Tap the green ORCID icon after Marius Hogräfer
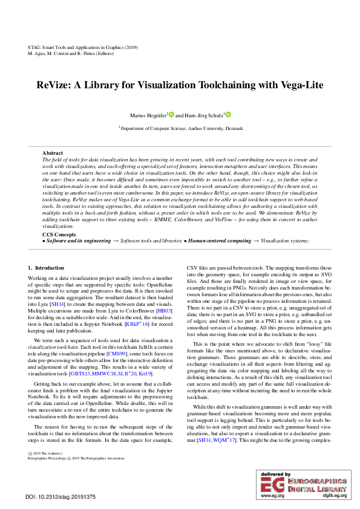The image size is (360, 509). click(171, 114)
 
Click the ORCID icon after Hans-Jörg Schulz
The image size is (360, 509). click(228, 114)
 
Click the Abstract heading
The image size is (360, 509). click(53, 154)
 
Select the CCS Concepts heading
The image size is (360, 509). click(59, 234)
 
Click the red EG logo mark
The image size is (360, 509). click(270, 484)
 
